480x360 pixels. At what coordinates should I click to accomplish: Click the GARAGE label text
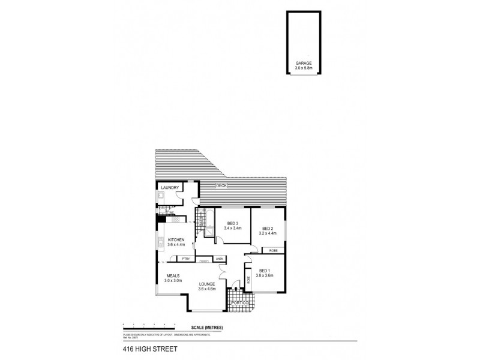click(303, 62)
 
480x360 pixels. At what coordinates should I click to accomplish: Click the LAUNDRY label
click(170, 188)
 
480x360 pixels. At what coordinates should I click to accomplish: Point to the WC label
click(172, 213)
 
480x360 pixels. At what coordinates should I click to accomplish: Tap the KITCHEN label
click(176, 239)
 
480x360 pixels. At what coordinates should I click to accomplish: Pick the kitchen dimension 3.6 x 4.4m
click(176, 245)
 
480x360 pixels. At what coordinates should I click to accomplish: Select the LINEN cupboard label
click(220, 259)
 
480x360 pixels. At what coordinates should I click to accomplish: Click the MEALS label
click(173, 276)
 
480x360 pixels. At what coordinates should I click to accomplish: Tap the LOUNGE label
click(207, 284)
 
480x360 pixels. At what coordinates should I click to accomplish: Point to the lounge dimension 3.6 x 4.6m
click(207, 289)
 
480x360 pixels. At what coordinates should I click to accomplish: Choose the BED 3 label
click(233, 223)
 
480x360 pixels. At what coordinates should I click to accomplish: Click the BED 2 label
click(268, 227)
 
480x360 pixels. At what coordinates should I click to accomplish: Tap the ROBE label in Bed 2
click(272, 250)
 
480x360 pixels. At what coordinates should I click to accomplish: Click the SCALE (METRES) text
click(205, 327)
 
